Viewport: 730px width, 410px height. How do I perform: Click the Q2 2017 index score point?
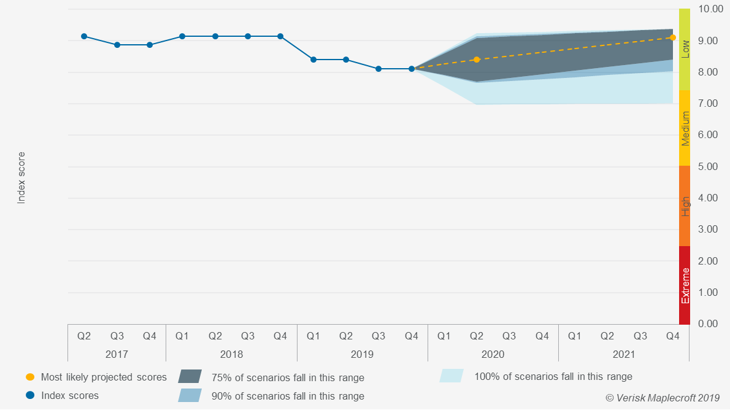(84, 36)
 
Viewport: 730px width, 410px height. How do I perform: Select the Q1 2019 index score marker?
(313, 60)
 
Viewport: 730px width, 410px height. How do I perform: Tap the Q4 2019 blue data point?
(412, 69)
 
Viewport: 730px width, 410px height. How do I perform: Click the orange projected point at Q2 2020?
(477, 60)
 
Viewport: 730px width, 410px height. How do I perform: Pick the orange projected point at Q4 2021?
(673, 37)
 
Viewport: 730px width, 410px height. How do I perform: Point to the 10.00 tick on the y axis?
(707, 9)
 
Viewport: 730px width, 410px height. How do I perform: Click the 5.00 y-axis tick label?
(707, 166)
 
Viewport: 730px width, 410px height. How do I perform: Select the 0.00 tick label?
(707, 323)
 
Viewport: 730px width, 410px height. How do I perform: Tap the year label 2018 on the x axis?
(231, 354)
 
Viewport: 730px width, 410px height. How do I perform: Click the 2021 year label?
(624, 354)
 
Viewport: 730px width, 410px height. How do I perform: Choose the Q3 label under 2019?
(378, 336)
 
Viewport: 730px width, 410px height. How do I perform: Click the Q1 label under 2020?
(444, 336)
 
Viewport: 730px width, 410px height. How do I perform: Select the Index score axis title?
(21, 178)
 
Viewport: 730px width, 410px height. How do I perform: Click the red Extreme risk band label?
(685, 285)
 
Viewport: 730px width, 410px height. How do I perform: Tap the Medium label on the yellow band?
(685, 128)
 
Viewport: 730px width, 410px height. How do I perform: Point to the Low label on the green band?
(685, 49)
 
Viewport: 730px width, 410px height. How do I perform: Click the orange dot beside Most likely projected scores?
(30, 377)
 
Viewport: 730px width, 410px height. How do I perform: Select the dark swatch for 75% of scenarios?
(190, 377)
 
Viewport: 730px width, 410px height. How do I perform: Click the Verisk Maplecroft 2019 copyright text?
(663, 398)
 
